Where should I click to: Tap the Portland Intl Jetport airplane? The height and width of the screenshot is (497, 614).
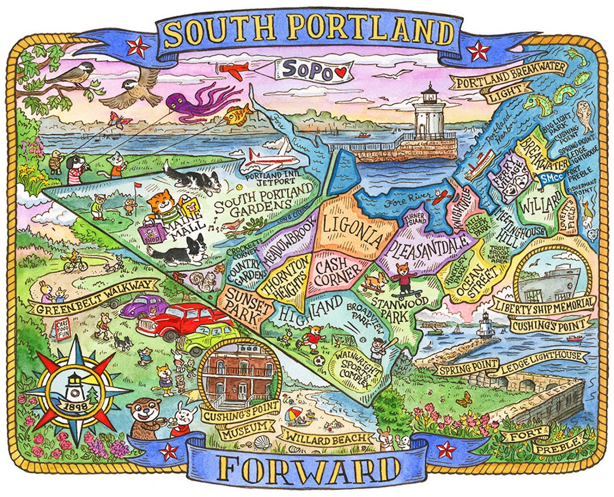click(267, 157)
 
